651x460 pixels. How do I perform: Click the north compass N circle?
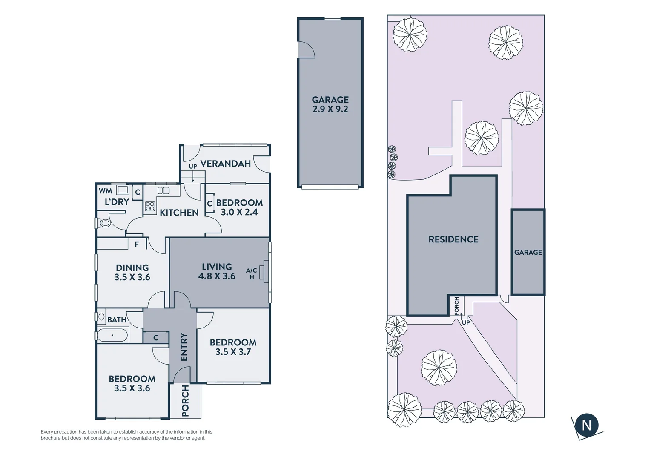(586, 425)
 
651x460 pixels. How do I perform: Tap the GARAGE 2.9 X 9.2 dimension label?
(330, 104)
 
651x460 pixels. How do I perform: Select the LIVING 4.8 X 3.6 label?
(217, 272)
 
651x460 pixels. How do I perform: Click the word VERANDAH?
(225, 164)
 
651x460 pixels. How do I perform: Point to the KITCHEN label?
(179, 213)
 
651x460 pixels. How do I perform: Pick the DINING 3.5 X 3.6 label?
(132, 273)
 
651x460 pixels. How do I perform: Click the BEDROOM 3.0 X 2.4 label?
(239, 207)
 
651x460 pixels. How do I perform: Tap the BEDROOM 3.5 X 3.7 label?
(233, 347)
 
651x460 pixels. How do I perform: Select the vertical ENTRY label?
(184, 347)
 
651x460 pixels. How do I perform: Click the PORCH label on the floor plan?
(185, 401)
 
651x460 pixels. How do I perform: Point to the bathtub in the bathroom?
(112, 335)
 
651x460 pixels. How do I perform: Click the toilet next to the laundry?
(104, 223)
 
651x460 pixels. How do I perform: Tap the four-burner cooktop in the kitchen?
(150, 207)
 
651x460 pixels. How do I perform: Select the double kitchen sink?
(163, 191)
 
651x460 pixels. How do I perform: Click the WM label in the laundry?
(105, 191)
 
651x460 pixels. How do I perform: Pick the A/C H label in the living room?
(251, 273)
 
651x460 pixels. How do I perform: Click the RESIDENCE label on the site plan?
(453, 239)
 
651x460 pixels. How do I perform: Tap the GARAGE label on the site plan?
(528, 252)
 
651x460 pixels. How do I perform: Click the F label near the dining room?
(137, 244)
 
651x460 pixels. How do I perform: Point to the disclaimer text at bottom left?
(126, 435)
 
